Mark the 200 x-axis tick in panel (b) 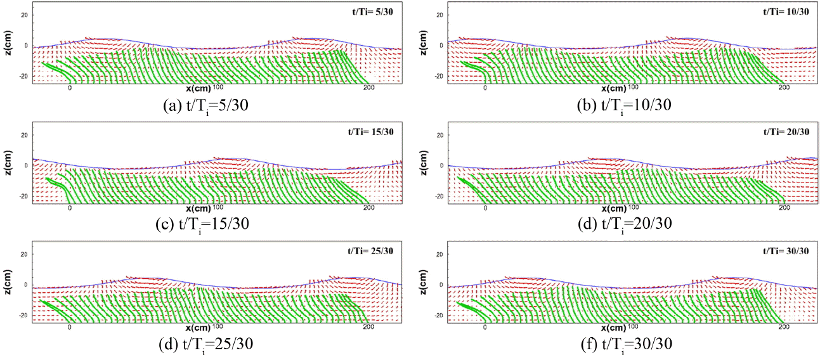(784, 88)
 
